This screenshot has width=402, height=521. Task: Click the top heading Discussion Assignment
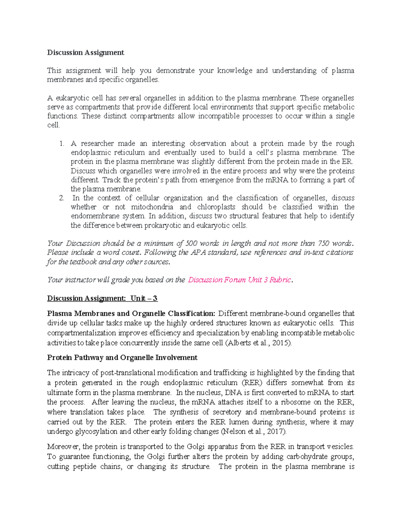click(85, 52)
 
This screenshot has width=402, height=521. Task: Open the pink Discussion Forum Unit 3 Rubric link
click(240, 280)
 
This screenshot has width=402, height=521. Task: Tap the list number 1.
click(61, 144)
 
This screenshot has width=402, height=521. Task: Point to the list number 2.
click(61, 198)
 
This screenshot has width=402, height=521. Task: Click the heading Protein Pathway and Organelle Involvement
click(122, 358)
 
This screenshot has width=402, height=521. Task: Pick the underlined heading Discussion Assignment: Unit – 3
click(102, 298)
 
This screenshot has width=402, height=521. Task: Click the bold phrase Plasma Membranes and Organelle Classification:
click(131, 314)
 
